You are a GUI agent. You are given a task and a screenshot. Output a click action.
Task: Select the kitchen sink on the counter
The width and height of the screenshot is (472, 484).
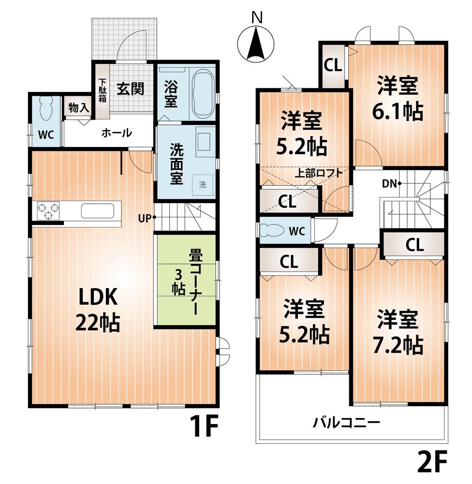click(x=97, y=212)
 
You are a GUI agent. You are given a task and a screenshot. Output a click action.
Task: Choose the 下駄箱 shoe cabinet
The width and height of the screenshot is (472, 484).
click(x=103, y=91)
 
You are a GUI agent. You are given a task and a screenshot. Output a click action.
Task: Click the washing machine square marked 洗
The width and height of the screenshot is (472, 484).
click(x=203, y=184)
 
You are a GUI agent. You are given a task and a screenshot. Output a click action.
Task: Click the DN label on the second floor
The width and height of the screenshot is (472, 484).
click(x=391, y=183)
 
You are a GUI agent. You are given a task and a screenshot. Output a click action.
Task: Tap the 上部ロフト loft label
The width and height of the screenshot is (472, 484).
click(x=319, y=173)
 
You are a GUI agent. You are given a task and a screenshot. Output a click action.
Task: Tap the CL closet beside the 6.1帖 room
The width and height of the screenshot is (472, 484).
click(x=333, y=66)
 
